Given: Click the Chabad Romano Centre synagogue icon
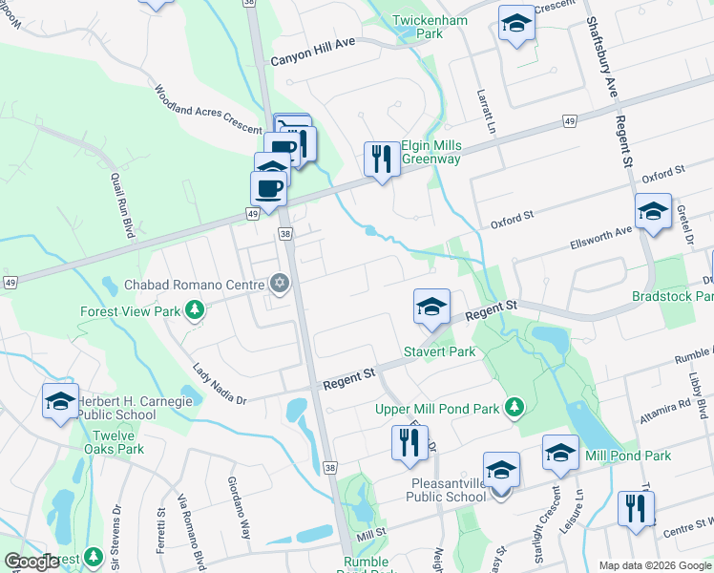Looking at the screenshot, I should pyautogui.click(x=280, y=283).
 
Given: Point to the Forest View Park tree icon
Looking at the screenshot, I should pyautogui.click(x=195, y=309).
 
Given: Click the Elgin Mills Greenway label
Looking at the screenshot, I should pyautogui.click(x=430, y=152).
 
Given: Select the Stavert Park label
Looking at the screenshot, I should pyautogui.click(x=439, y=351).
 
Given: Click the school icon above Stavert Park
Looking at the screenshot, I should pyautogui.click(x=431, y=308).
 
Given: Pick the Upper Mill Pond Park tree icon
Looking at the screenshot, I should pyautogui.click(x=514, y=409).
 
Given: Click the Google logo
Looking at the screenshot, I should pyautogui.click(x=31, y=562).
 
